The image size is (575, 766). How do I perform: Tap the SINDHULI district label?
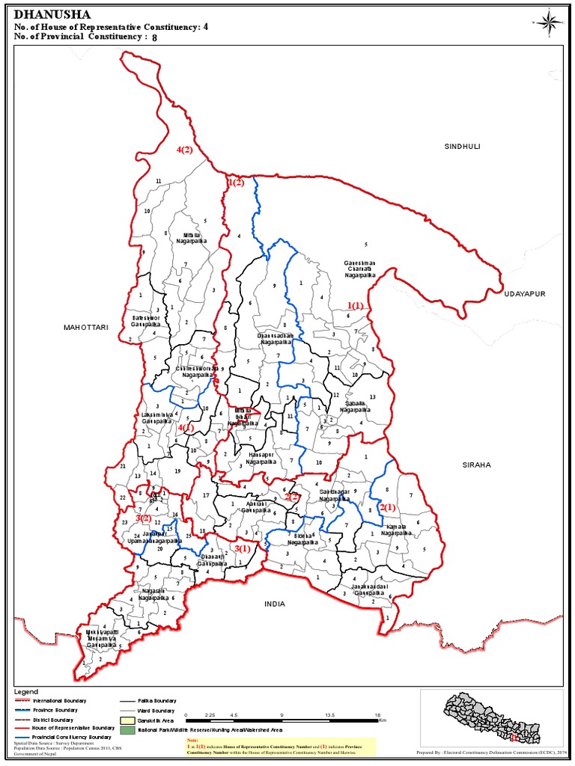tap(461, 146)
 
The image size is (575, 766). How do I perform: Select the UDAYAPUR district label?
tap(524, 294)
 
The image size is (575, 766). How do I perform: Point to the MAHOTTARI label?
tap(86, 327)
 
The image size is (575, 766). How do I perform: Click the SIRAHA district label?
tap(476, 465)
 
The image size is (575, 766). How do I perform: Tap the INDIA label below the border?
tap(275, 603)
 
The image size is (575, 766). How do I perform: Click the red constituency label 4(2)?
tap(184, 150)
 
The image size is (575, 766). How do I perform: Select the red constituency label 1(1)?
tap(355, 305)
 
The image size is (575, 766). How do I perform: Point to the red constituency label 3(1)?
tap(243, 549)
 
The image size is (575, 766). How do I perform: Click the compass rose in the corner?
tap(548, 22)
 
